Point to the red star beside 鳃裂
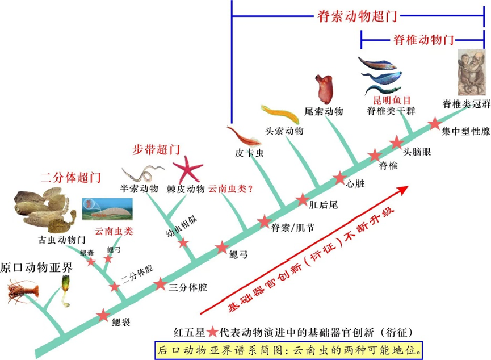[103, 316]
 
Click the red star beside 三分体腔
[161, 284]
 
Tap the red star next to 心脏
[339, 178]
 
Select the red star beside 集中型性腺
[434, 123]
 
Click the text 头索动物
[284, 131]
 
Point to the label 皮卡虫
[249, 153]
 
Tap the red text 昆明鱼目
[388, 101]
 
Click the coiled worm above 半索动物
[142, 171]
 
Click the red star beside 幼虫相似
[183, 243]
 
